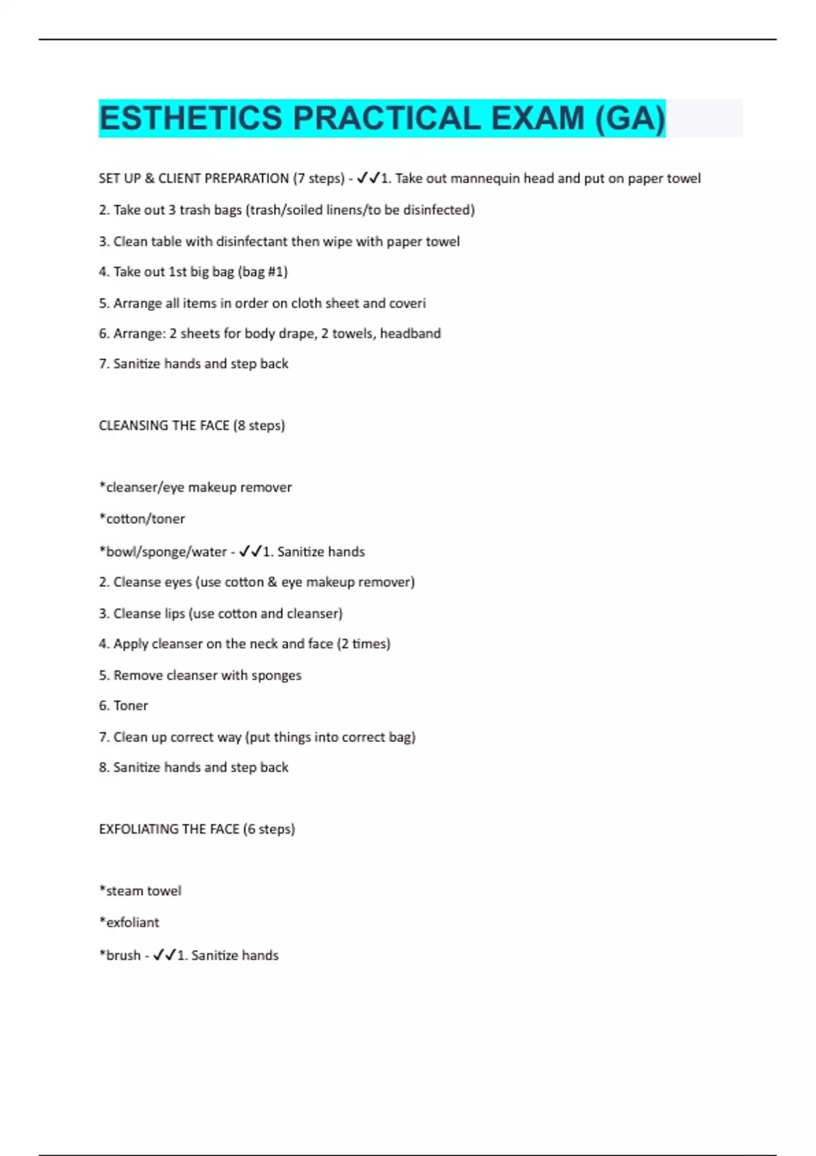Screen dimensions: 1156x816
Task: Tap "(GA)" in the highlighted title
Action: click(x=630, y=118)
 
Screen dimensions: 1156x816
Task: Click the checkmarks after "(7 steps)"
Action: click(x=368, y=178)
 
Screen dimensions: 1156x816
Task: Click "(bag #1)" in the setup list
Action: click(x=263, y=272)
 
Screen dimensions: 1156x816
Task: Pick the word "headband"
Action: click(x=410, y=333)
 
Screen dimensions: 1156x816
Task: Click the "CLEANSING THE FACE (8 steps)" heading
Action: click(x=192, y=426)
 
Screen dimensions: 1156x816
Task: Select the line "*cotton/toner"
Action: click(x=142, y=519)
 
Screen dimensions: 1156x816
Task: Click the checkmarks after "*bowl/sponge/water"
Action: click(x=250, y=551)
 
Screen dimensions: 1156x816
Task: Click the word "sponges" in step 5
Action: click(x=276, y=675)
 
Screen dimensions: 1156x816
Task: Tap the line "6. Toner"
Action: click(x=123, y=706)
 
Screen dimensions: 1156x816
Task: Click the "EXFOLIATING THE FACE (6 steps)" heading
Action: click(x=197, y=829)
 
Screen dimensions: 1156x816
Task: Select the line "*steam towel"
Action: click(x=140, y=891)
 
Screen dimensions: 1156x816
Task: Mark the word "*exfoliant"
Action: click(x=129, y=923)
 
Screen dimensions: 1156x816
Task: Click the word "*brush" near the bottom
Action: click(x=120, y=955)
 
